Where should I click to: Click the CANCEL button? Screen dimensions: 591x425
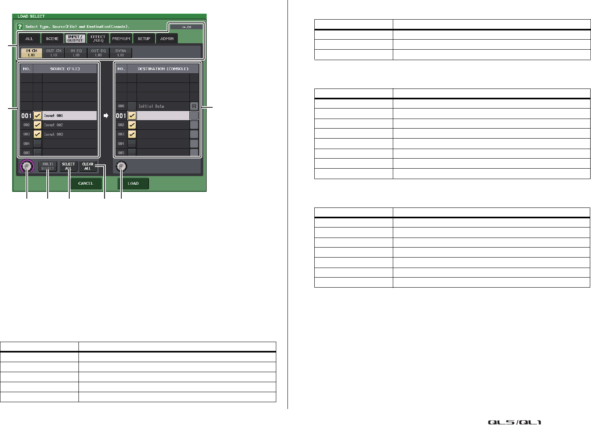(86, 183)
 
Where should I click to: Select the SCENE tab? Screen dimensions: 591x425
(52, 39)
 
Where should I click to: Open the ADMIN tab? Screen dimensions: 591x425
(167, 39)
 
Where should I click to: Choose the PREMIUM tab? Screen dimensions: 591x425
(121, 39)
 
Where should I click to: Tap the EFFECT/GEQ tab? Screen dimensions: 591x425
(98, 38)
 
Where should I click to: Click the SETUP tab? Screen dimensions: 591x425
(144, 39)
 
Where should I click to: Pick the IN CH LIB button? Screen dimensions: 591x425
(31, 53)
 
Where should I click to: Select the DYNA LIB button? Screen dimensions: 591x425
(121, 53)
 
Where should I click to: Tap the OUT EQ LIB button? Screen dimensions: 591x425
(98, 53)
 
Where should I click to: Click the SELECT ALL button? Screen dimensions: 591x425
(68, 166)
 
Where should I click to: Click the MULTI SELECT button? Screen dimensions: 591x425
(48, 166)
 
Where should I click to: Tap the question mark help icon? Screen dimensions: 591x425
(19, 27)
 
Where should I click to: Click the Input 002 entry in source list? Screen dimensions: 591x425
(69, 125)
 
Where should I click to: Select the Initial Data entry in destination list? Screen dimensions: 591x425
(163, 106)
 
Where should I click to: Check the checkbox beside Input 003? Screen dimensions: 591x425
(37, 134)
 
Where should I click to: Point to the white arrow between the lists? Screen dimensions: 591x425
(106, 116)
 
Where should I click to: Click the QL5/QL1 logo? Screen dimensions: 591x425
(514, 422)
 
